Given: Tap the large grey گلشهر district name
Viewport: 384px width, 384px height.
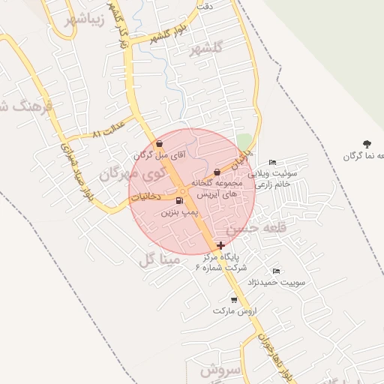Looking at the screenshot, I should (x=208, y=48).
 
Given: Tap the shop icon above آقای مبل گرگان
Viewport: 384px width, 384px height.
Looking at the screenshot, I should (x=159, y=143).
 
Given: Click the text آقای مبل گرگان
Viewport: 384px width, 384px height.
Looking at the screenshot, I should (x=159, y=155).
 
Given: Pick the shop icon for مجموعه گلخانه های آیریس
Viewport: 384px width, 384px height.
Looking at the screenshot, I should (x=217, y=172).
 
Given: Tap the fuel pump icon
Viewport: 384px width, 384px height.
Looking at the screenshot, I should (x=178, y=201).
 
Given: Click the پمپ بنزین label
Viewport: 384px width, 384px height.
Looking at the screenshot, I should (x=179, y=213).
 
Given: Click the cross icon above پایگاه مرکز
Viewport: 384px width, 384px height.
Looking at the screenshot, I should (x=220, y=245).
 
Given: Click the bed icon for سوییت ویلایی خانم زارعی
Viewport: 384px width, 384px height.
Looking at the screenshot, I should (x=273, y=162).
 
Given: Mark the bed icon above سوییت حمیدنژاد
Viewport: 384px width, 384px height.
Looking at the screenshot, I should (x=276, y=271).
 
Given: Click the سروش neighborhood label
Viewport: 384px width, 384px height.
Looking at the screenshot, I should (x=220, y=370).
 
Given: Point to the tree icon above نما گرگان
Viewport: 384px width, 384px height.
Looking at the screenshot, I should (x=367, y=143).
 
